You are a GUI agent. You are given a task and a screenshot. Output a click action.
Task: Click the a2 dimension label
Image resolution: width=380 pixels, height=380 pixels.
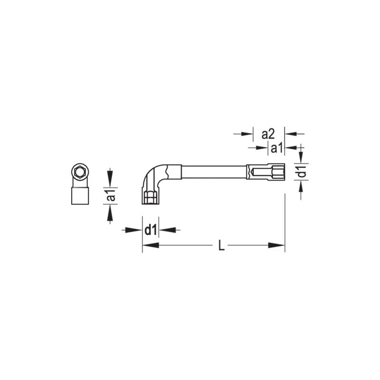click(269, 134)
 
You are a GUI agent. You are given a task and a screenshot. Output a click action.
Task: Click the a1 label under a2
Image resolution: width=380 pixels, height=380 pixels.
click(276, 148)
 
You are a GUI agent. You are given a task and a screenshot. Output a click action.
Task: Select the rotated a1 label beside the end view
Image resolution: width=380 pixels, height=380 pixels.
click(110, 196)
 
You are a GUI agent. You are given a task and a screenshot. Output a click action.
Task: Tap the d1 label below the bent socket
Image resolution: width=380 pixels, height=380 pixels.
click(151, 230)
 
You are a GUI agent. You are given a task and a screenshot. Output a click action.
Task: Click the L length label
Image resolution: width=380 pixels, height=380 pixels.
click(221, 246)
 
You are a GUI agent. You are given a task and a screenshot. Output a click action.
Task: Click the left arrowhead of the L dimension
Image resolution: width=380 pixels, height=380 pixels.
click(150, 246)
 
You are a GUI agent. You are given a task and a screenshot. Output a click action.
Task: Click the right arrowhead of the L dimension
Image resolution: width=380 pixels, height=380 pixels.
click(277, 246)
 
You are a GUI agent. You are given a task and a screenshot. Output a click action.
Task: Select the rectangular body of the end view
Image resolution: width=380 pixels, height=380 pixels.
click(80, 195)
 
